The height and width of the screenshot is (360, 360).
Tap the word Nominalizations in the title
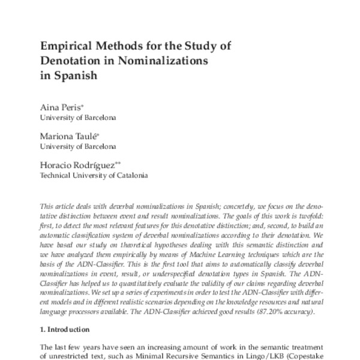pos(164,61)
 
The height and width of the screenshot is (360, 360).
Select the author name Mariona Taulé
pos(65,136)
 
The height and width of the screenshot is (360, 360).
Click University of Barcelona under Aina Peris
pos(77,117)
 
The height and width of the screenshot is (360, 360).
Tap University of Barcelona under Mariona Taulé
pos(77,146)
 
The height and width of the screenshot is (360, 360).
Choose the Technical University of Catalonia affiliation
pos(93,176)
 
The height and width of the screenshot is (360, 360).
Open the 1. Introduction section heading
pos(64,330)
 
